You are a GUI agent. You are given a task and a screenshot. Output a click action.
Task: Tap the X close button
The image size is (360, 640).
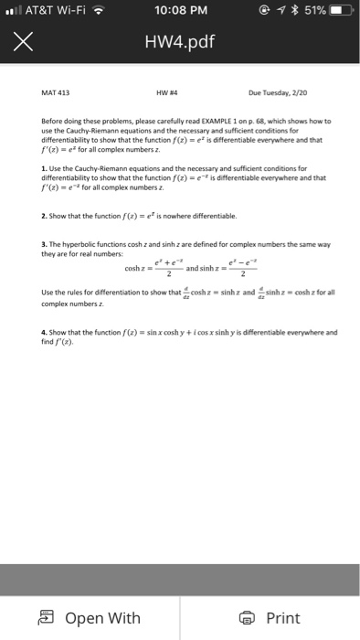click(x=25, y=42)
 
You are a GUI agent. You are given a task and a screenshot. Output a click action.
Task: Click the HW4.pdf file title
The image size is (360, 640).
click(x=180, y=42)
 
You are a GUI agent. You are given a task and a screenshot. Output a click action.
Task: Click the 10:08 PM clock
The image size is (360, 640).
click(x=178, y=12)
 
